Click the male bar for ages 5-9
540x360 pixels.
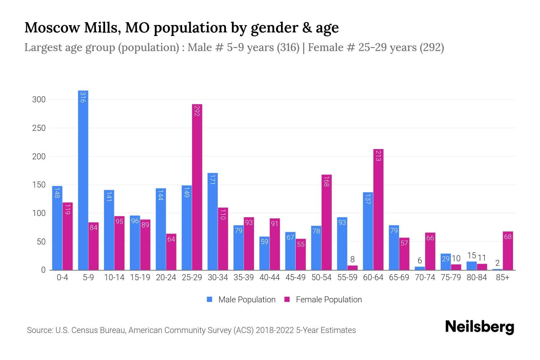tap(83, 180)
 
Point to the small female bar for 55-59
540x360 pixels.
tap(352, 268)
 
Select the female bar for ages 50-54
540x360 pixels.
tap(327, 222)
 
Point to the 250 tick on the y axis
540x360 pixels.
tap(39, 128)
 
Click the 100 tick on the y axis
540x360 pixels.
tap(39, 213)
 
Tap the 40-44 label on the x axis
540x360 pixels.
tap(269, 277)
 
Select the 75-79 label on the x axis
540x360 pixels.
tap(451, 277)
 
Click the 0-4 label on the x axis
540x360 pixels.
tap(62, 277)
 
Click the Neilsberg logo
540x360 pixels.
tap(479, 327)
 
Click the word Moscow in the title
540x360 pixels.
tap(52, 28)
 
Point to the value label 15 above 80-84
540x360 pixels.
tap(472, 255)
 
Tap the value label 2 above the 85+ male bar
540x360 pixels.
tap(497, 263)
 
